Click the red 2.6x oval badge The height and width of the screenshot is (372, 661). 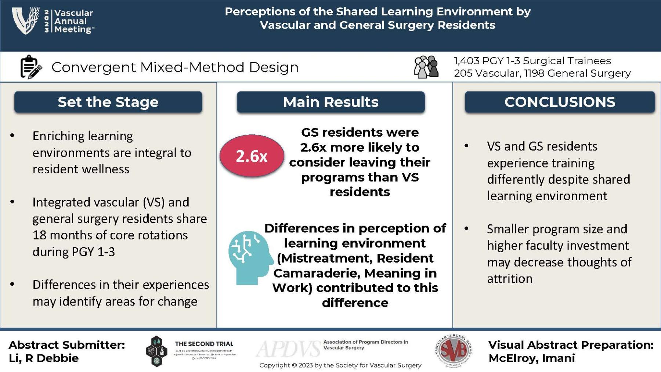252,156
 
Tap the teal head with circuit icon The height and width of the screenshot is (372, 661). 250,257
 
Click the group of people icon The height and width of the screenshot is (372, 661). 426,67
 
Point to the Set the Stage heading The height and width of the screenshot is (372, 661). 108,102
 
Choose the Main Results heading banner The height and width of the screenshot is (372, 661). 330,102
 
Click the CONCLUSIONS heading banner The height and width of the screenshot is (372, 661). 560,102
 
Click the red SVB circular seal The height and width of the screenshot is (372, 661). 454,351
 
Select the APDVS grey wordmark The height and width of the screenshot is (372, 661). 289,349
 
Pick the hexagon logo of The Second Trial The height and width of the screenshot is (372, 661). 156,351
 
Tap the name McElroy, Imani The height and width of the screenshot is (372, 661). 531,358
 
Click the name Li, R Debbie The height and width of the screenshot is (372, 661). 43,358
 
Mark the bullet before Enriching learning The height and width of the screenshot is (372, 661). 12,136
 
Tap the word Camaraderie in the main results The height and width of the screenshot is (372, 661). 317,273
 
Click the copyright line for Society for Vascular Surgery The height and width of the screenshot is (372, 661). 340,365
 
